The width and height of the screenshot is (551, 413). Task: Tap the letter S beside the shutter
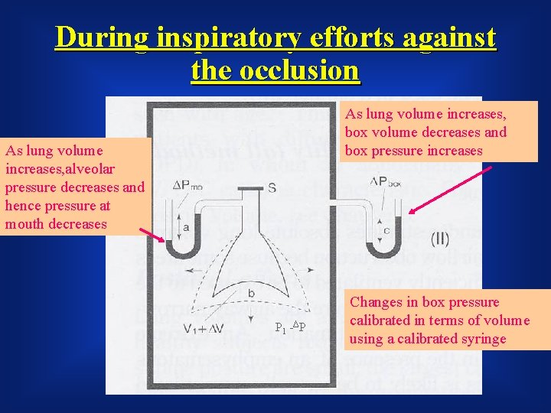[272, 187]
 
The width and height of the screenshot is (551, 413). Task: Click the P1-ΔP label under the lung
[290, 327]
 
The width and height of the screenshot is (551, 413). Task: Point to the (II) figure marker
[441, 239]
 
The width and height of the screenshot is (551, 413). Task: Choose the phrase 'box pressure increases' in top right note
[413, 150]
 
